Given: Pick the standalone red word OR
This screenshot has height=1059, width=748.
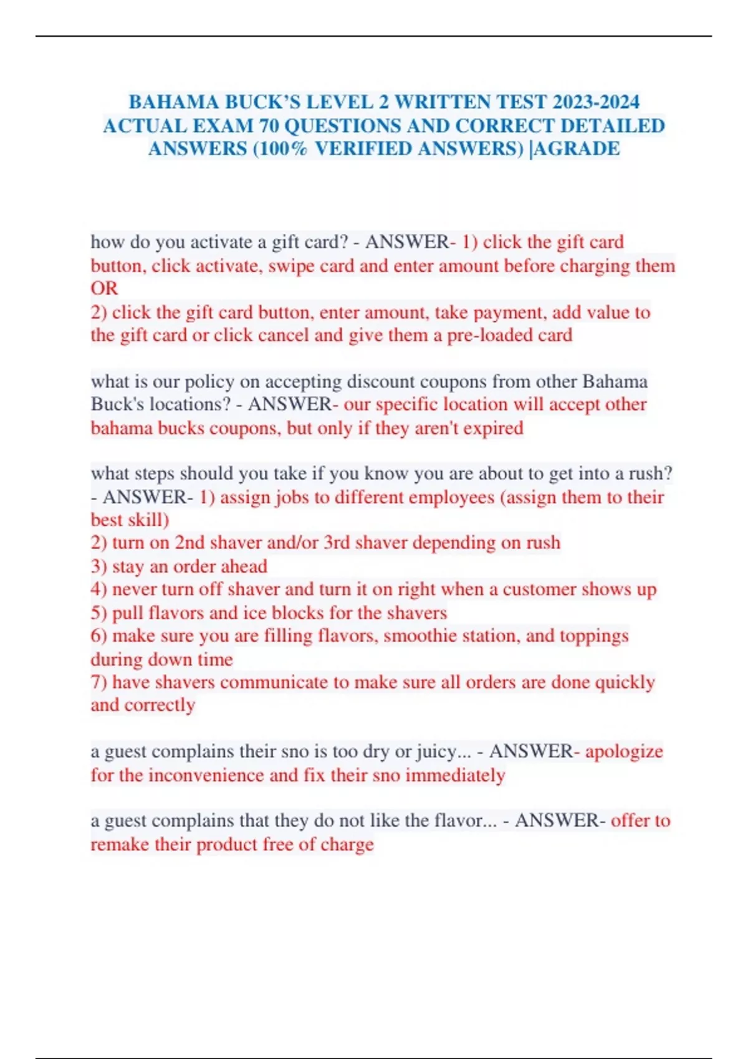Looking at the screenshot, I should tap(104, 288).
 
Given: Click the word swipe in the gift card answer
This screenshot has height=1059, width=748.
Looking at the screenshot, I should tap(291, 266).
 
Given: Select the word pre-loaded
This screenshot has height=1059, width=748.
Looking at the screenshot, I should tap(482, 335).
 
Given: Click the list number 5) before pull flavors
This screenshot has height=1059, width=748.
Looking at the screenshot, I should tap(99, 613).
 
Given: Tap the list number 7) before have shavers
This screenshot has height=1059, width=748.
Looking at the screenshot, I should tap(99, 682).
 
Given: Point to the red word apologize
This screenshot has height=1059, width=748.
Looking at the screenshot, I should tap(624, 751).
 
